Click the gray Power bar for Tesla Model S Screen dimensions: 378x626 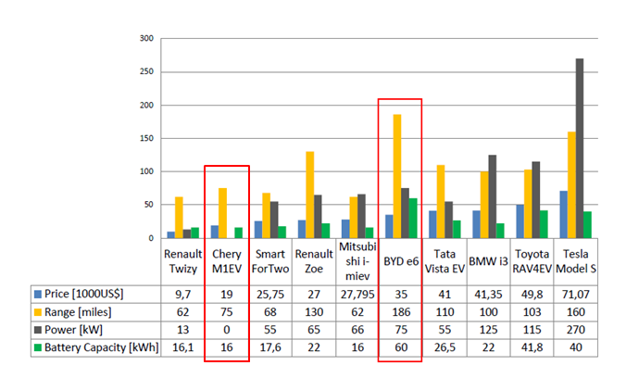(580, 148)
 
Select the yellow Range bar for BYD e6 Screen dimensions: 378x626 (396, 176)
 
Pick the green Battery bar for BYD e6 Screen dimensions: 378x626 (412, 218)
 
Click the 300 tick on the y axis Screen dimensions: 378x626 (146, 39)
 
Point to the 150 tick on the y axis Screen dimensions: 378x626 (146, 138)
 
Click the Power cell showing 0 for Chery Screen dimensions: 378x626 (226, 329)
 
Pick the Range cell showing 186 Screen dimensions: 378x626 (400, 310)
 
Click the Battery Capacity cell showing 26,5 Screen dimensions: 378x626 (444, 347)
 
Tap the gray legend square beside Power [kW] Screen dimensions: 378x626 (37, 329)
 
